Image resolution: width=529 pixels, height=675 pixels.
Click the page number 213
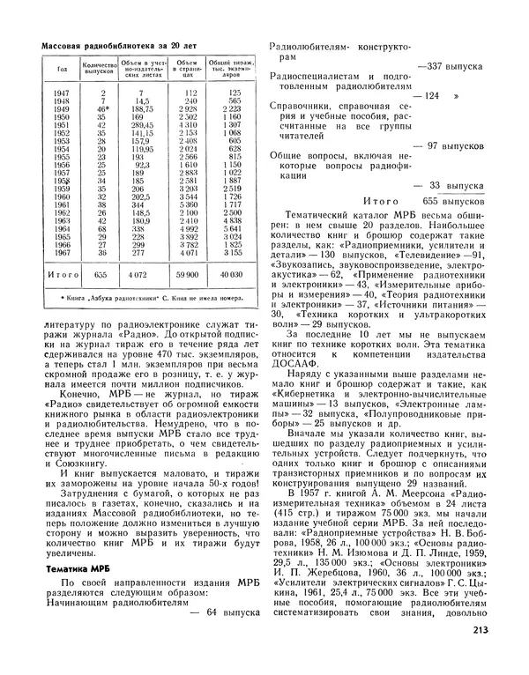click(505, 653)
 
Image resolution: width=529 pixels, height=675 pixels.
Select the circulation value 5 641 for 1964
click(231, 227)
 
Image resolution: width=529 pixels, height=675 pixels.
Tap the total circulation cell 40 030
click(231, 275)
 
